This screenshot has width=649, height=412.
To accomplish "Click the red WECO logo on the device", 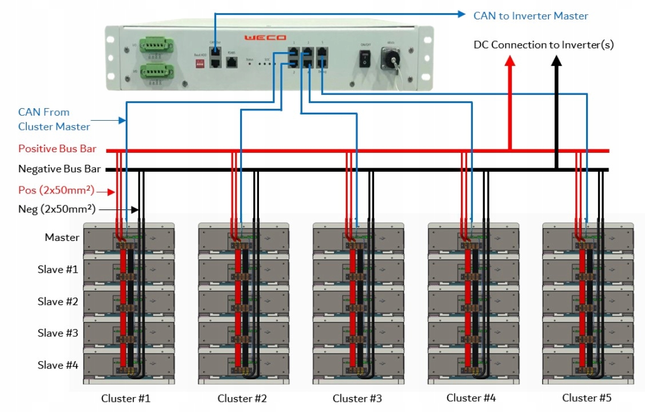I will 265,38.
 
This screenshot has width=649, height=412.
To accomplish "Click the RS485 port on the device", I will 232,62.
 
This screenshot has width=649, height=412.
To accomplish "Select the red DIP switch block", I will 199,66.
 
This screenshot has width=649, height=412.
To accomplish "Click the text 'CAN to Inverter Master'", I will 531,16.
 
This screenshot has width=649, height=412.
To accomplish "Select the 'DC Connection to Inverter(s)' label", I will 544,45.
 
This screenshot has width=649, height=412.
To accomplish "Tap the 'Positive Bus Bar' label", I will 57,149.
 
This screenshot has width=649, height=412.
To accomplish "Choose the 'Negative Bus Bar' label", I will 59,169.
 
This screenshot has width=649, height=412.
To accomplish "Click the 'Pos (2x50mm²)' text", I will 56,191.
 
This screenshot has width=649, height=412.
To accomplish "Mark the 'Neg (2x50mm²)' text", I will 57,209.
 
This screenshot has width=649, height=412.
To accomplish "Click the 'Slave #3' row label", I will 58,333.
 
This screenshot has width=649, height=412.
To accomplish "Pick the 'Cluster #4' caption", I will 471,398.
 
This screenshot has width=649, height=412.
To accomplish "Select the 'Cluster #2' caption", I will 242,398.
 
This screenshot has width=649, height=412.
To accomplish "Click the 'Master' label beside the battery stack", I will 62,237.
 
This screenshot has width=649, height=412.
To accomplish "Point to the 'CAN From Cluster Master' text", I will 54,119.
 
